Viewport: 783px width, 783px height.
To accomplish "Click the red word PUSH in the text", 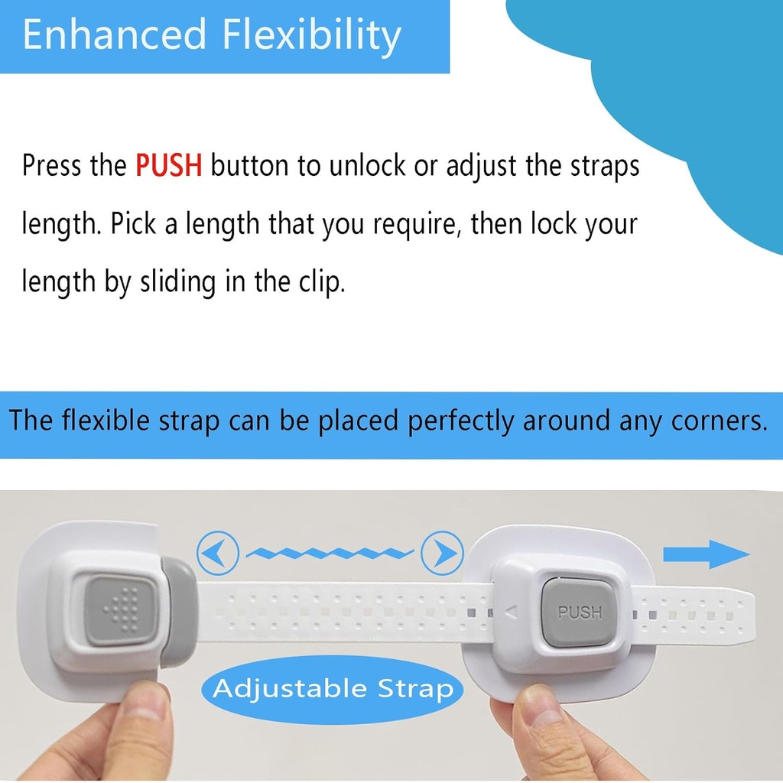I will [169, 166].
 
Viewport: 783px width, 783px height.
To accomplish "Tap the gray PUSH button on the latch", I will [579, 612].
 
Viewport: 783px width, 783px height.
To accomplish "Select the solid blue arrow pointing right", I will [706, 554].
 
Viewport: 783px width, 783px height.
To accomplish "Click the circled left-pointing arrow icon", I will [218, 551].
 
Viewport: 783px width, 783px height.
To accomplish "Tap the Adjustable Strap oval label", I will [333, 688].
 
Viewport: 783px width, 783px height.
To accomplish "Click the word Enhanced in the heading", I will [115, 35].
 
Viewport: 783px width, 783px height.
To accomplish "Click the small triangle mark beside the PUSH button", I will [512, 611].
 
